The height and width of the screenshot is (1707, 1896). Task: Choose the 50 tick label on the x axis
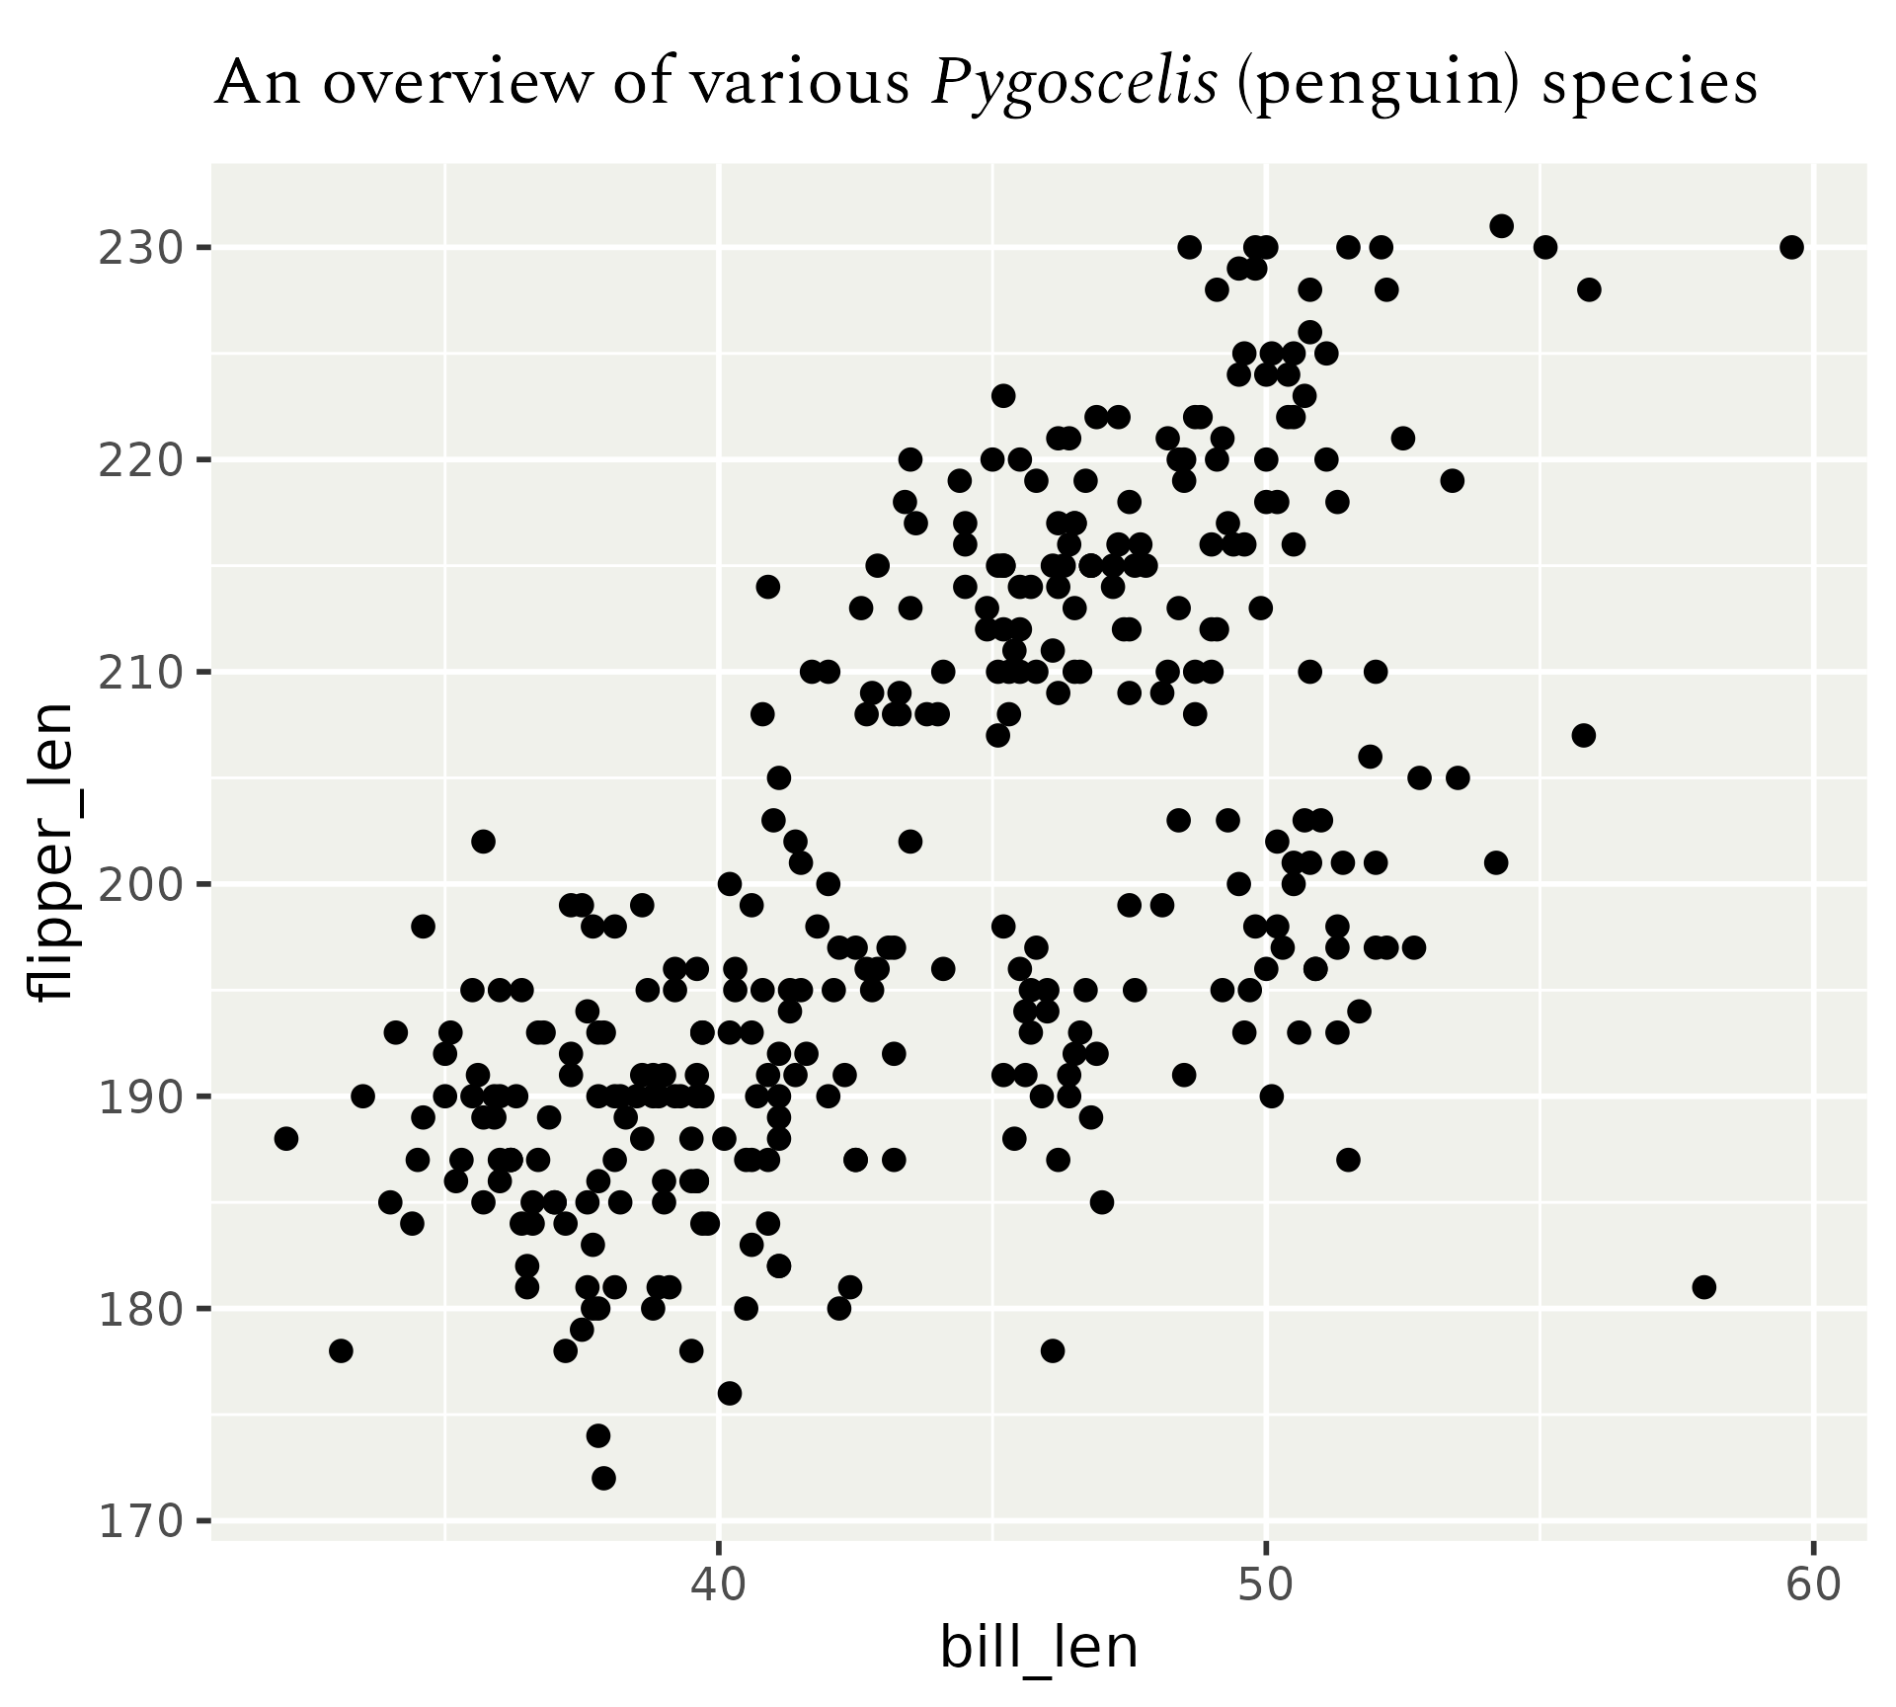pyautogui.click(x=1266, y=1585)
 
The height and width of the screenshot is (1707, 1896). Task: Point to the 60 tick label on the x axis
pyautogui.click(x=1813, y=1585)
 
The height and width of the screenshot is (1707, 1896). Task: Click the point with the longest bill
pyautogui.click(x=1791, y=247)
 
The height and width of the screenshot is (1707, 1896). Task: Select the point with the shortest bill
pyautogui.click(x=285, y=1138)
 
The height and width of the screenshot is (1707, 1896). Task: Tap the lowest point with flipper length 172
pyautogui.click(x=603, y=1478)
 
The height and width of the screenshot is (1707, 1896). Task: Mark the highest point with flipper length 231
pyautogui.click(x=1501, y=225)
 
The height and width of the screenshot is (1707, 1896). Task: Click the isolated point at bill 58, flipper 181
pyautogui.click(x=1703, y=1286)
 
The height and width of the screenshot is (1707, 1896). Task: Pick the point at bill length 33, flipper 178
pyautogui.click(x=341, y=1350)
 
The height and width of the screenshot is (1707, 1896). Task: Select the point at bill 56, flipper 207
pyautogui.click(x=1583, y=735)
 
